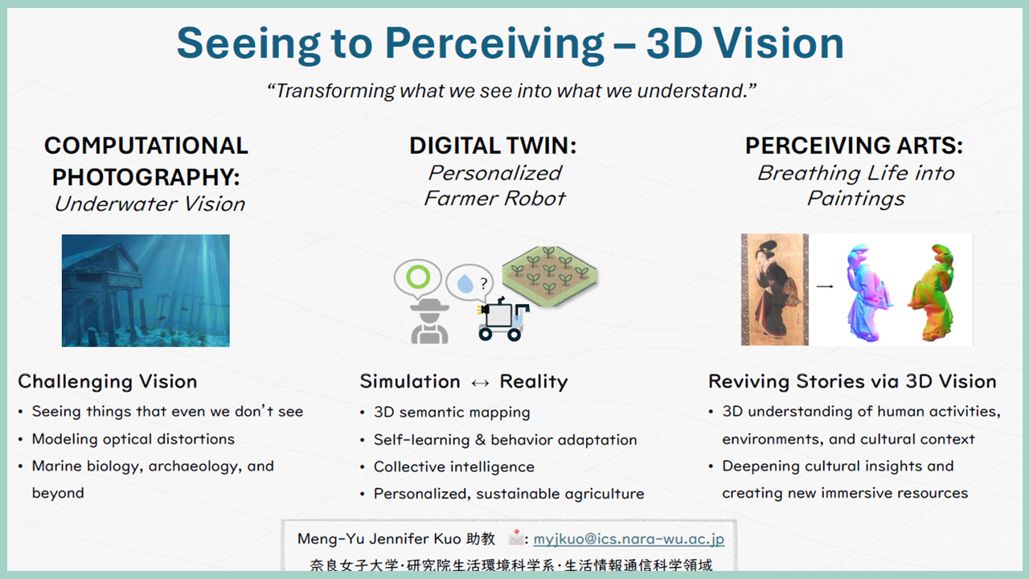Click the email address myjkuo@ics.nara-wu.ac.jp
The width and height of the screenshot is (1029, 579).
pyautogui.click(x=629, y=539)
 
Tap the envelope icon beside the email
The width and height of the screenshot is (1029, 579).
pyautogui.click(x=516, y=537)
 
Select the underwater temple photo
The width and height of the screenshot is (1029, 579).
pyautogui.click(x=146, y=290)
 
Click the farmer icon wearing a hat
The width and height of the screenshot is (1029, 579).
pyautogui.click(x=429, y=321)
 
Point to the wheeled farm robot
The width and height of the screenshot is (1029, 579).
pyautogui.click(x=502, y=319)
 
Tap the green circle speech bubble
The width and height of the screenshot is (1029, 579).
pyautogui.click(x=417, y=278)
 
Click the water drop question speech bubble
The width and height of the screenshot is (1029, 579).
pyautogui.click(x=469, y=283)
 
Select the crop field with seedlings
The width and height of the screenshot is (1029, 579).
pyautogui.click(x=549, y=275)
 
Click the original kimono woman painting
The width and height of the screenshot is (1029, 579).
pyautogui.click(x=774, y=289)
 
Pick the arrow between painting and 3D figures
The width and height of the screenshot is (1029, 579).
pyautogui.click(x=825, y=286)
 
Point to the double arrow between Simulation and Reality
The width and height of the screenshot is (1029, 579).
pyautogui.click(x=480, y=384)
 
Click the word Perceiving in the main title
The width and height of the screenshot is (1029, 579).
pyautogui.click(x=494, y=44)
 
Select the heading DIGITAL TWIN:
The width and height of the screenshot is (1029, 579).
pyautogui.click(x=493, y=146)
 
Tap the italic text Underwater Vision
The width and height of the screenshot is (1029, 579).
pyautogui.click(x=150, y=204)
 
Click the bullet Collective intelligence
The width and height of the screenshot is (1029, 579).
pyautogui.click(x=454, y=467)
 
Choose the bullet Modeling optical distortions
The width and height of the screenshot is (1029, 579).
pyautogui.click(x=133, y=439)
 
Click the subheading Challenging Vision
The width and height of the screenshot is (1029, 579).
pyautogui.click(x=108, y=382)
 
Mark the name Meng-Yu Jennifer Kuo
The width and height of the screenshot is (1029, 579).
pyautogui.click(x=379, y=539)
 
